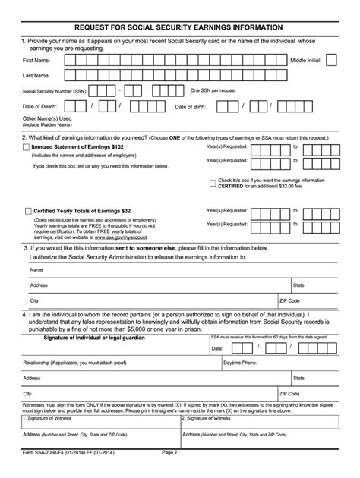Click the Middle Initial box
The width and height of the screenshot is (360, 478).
[x=331, y=60]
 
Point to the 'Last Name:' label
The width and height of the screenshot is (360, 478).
[x=36, y=76]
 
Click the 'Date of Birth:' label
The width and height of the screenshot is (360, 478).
[x=191, y=107]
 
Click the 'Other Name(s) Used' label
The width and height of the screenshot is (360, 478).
[x=46, y=119]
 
